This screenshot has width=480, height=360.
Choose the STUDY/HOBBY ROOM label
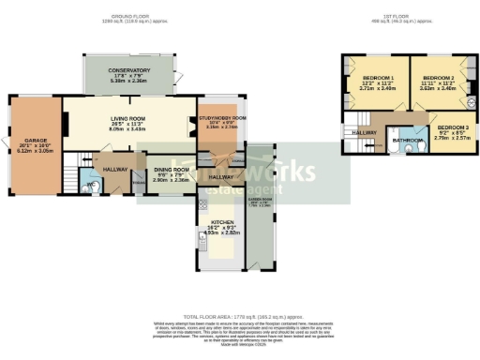222,117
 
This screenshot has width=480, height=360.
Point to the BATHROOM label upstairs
408,141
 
